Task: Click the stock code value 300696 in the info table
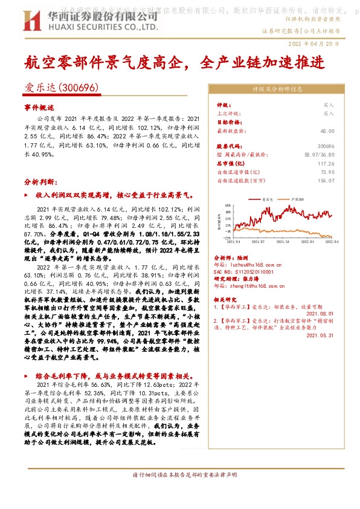click(x=325, y=146)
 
